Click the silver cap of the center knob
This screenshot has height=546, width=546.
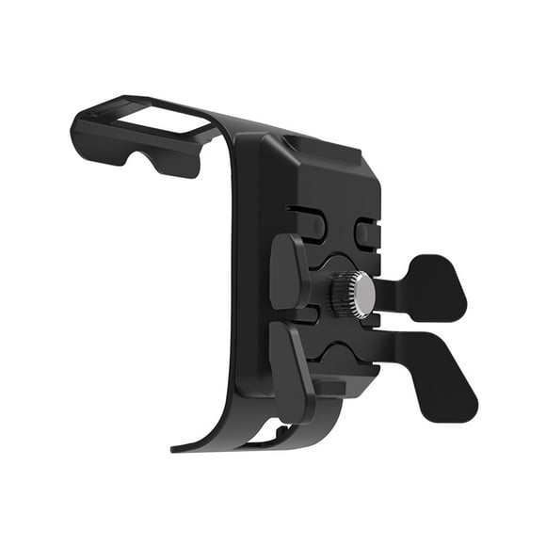[x=363, y=295]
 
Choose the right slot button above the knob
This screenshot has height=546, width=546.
[x=365, y=231]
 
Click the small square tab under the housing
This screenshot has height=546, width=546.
[x=325, y=387]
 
